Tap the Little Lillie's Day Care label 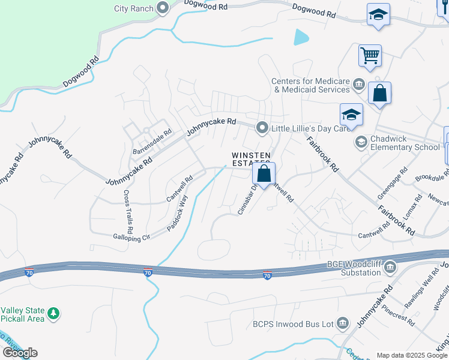(310, 128)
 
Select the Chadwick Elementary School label (405, 143)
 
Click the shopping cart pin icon (370, 56)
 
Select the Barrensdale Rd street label (152, 140)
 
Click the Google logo (20, 352)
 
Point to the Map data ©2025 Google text (412, 355)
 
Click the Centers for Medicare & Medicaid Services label (310, 85)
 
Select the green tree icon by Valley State (54, 313)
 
